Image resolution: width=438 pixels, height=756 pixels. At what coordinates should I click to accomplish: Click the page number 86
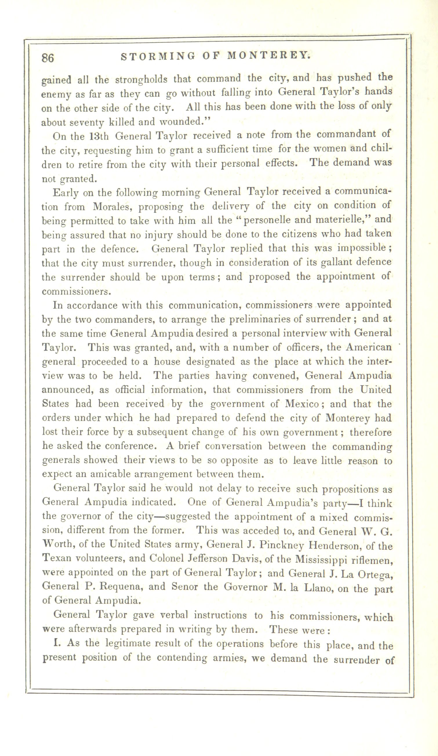(x=48, y=58)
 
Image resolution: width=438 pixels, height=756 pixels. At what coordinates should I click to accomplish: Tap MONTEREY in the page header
(x=268, y=55)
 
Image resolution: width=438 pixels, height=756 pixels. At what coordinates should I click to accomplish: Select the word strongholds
(x=141, y=80)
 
